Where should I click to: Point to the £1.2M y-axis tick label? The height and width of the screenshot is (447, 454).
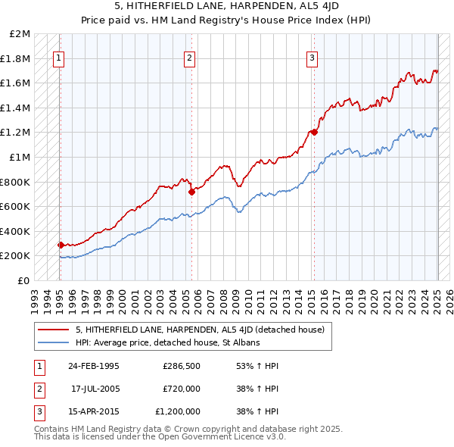pos(17,133)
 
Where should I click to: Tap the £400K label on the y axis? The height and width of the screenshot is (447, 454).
pos(17,231)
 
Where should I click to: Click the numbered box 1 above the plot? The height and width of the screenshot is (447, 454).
pos(59,56)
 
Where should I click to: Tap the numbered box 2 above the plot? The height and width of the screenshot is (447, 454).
pos(189,56)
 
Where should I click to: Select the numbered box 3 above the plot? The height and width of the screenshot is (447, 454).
pos(312,56)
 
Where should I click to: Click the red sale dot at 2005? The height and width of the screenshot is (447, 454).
pos(191,192)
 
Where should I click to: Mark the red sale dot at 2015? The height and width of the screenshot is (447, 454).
pos(314,133)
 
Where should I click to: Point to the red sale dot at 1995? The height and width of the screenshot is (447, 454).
pos(61,245)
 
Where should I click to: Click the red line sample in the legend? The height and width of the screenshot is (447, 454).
pos(52,330)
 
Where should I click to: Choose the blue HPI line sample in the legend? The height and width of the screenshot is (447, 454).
pos(52,342)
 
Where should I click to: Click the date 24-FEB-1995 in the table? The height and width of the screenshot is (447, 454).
pos(94,366)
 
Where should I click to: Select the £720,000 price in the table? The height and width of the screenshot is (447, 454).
pos(181,389)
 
